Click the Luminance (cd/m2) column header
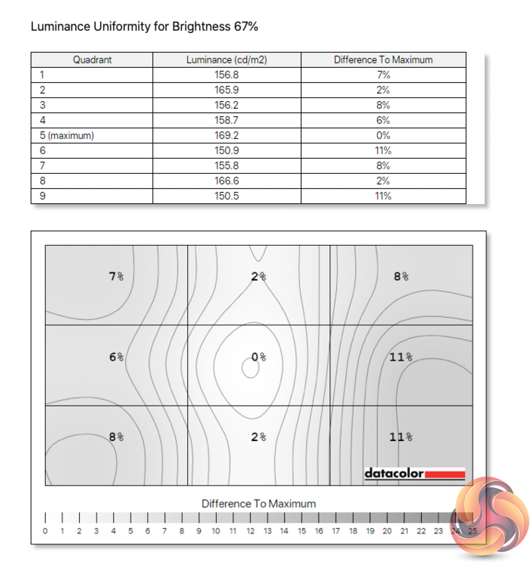(227, 60)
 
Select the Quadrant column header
(92, 60)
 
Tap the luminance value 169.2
(227, 136)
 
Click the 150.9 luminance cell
(227, 151)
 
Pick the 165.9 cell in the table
(227, 90)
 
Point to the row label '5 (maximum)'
(67, 136)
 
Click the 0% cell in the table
(383, 136)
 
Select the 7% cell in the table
(383, 75)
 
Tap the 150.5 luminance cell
(227, 196)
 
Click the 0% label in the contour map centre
(259, 357)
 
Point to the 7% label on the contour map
(116, 276)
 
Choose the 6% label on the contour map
(116, 357)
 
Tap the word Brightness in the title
(201, 27)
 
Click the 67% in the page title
(246, 27)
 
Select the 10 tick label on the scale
(216, 531)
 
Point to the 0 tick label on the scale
(45, 531)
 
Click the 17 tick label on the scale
(336, 531)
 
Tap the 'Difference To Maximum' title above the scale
(259, 504)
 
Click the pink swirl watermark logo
(490, 517)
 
